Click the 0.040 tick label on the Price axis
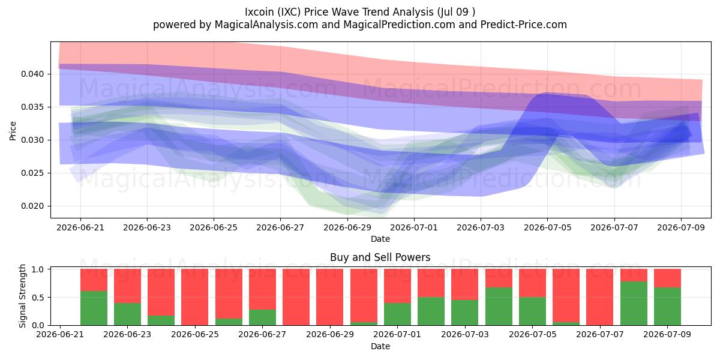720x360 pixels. click(x=32, y=74)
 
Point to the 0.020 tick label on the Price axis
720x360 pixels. click(x=32, y=206)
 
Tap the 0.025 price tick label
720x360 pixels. click(x=32, y=173)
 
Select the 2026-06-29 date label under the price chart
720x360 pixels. click(x=347, y=227)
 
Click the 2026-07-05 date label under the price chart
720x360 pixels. click(x=547, y=227)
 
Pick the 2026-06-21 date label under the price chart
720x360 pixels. click(x=80, y=227)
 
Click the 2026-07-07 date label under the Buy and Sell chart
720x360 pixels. click(x=600, y=334)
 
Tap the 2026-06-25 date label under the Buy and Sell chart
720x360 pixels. click(x=195, y=334)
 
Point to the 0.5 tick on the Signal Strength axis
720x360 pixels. click(x=38, y=298)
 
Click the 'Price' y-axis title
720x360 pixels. click(x=13, y=131)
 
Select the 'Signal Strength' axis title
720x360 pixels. click(x=22, y=296)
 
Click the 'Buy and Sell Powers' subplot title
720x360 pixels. click(x=380, y=257)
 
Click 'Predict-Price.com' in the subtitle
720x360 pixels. click(x=524, y=25)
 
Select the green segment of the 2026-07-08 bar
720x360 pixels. click(x=634, y=304)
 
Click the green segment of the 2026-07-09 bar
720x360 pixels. click(x=667, y=307)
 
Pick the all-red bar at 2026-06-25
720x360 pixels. click(x=195, y=297)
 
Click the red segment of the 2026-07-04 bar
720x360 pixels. click(x=499, y=278)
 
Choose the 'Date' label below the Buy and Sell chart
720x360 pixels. click(x=380, y=347)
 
